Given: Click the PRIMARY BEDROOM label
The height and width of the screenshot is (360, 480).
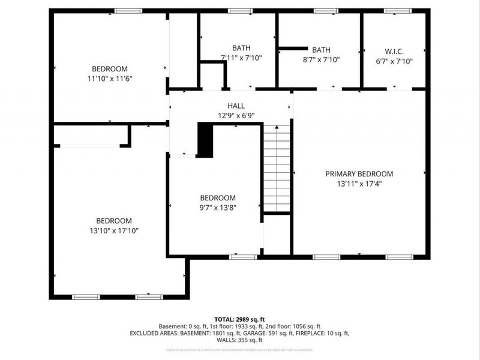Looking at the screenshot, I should tap(359, 174).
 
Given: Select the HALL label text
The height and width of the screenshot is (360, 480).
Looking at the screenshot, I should tap(235, 106).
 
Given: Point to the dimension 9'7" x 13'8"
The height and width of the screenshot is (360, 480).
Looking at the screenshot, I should tap(217, 208).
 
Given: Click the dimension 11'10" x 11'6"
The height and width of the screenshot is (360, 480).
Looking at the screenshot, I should tap(109, 79).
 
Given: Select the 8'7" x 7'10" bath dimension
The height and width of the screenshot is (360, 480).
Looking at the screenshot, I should tap(321, 59).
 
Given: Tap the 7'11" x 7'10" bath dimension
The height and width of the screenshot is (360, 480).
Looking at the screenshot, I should tap(241, 58).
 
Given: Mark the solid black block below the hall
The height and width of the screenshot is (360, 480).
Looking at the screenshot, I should tap(205, 140).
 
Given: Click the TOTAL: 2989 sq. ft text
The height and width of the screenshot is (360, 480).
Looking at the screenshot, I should tap(240, 319).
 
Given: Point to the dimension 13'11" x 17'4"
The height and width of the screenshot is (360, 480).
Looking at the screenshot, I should tap(359, 184).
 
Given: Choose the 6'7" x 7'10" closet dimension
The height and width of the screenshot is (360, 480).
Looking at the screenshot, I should tap(394, 61).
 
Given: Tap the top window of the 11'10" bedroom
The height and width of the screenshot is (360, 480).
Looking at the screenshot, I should tap(128, 11).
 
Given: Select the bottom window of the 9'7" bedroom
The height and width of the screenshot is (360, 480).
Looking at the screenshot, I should tap(243, 257).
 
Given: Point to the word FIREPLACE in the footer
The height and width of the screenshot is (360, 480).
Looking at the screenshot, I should tap(309, 333).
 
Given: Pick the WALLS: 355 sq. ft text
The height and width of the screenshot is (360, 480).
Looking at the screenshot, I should tap(240, 340).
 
